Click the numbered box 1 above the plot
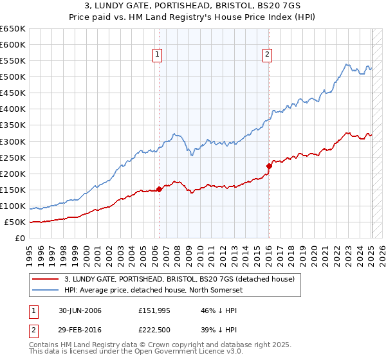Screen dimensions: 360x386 click(x=158, y=55)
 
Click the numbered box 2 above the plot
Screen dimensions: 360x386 click(x=267, y=55)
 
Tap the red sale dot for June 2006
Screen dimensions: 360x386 click(x=159, y=189)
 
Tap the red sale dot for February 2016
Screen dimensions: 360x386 click(x=270, y=166)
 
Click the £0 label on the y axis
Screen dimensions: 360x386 click(x=21, y=239)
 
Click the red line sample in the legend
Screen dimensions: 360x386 click(x=44, y=279)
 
